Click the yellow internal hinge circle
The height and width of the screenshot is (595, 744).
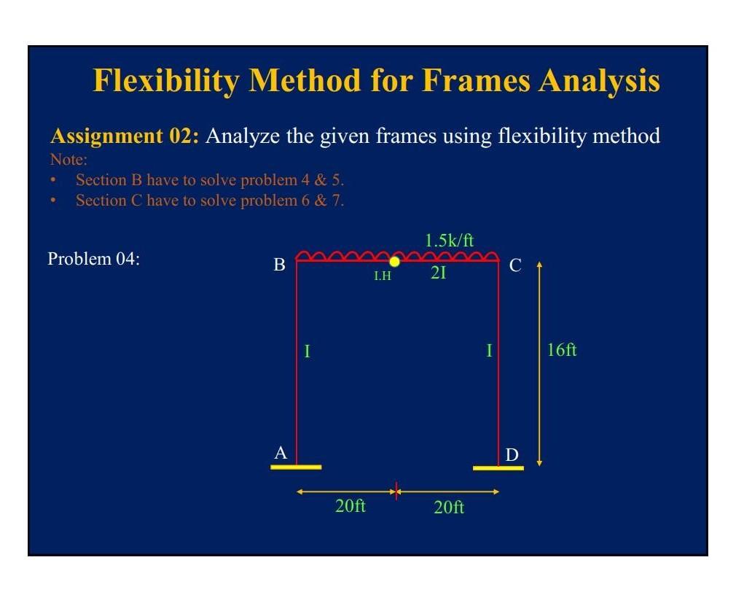pos(394,261)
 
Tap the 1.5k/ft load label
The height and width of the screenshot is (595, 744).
pos(449,240)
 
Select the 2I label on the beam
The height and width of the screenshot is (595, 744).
pos(438,274)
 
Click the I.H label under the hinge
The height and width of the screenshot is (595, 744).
pos(383,276)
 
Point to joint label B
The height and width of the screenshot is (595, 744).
pos(279,265)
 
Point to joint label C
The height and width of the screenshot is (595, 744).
pos(515,266)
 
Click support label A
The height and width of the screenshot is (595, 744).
pos(281,454)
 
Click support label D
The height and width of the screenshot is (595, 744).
pos(512,456)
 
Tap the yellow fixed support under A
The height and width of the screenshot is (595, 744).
pos(295,467)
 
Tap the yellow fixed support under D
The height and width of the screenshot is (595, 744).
pos(498,467)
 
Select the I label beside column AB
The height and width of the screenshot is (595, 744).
pos(307,351)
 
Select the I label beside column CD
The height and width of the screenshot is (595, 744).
pos(489,351)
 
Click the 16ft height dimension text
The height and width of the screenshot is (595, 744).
pos(561,350)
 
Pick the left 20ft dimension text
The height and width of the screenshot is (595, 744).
pos(351,506)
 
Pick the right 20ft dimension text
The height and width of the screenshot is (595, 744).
pos(449,507)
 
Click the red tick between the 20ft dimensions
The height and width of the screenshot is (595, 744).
pos(396,491)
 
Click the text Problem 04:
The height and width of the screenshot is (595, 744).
pos(93,259)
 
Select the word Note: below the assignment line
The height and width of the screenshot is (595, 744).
pos(68,158)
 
